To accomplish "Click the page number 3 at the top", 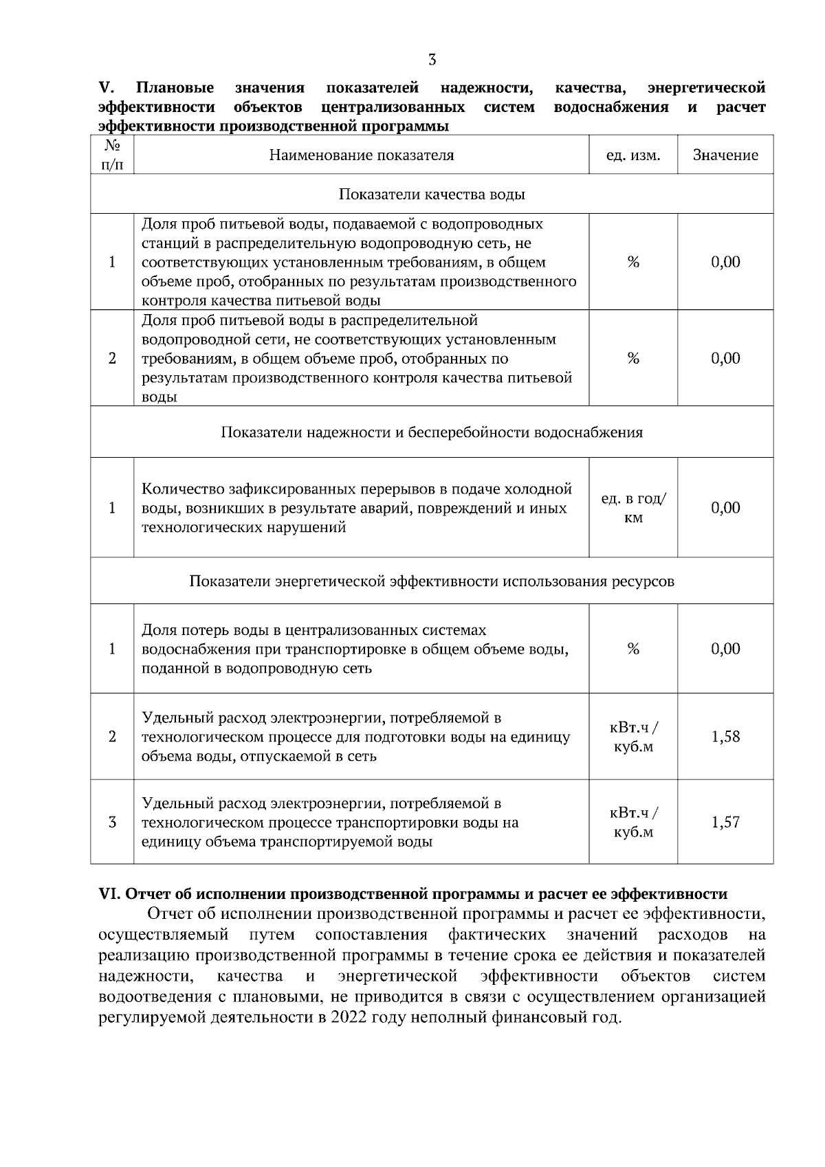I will pos(432,60).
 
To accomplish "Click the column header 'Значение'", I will pos(725,155).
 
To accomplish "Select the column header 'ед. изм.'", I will pos(632,155).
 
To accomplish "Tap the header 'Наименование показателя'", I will pos(361,155).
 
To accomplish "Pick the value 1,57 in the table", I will pos(725,823).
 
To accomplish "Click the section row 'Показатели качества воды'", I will pos(432,194).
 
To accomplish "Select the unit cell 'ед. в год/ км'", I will pos(633,509).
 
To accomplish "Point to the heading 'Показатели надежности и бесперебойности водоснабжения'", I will pos(432,432).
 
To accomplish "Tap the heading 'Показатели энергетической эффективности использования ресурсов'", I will pos(432,581).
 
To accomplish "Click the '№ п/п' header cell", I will pos(112,155).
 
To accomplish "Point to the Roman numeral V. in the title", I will pos(106,88).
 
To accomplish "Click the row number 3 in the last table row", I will pos(112,823).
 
